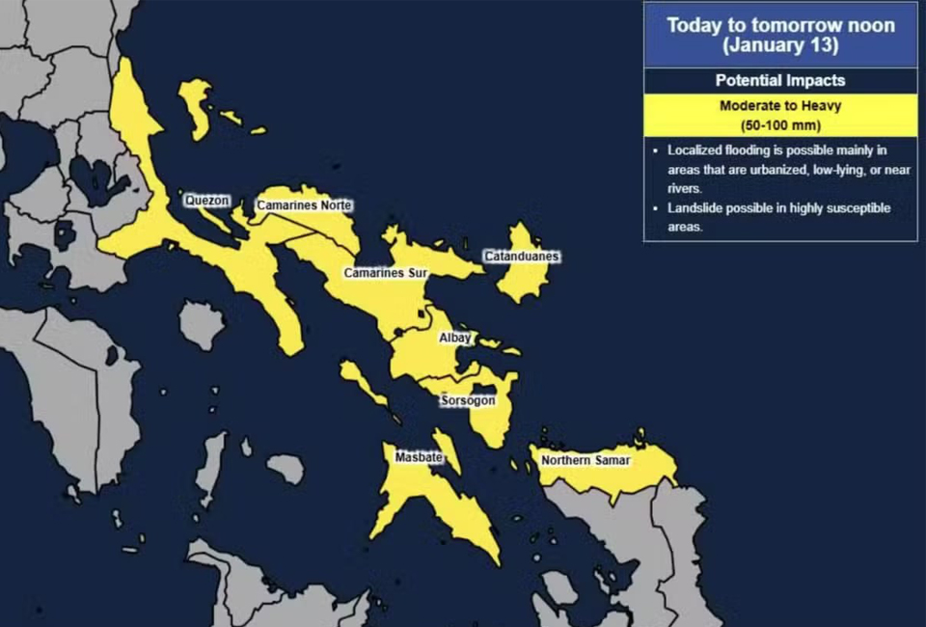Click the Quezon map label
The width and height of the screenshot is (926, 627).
coord(207,200)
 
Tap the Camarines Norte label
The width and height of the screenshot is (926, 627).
coord(304,205)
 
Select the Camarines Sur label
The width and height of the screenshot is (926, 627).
coord(386,273)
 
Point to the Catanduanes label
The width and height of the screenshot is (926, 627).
coord(522,257)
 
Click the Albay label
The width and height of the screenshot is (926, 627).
coord(455,338)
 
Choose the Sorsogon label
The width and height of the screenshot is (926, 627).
coord(468,399)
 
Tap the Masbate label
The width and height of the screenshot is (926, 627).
coord(419,457)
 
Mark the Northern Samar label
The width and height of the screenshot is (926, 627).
coord(586,460)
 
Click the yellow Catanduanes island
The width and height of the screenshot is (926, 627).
coord(524,280)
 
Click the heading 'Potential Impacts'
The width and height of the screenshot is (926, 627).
coord(780,81)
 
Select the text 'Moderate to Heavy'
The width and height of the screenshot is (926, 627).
coord(780,106)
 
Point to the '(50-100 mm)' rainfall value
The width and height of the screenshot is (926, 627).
coord(780,125)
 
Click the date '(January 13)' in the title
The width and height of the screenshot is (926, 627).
coord(780,44)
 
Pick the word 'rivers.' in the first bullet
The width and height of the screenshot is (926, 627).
coord(685,189)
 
